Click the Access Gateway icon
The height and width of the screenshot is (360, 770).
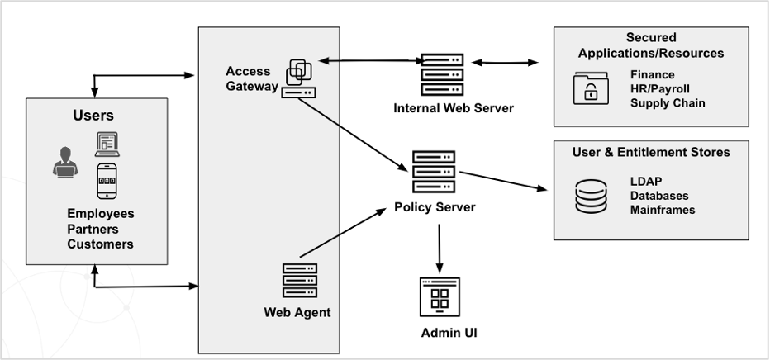298,78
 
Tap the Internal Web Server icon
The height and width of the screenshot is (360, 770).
442,75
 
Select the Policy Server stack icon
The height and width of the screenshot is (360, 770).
433,172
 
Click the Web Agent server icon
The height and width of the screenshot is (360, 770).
299,281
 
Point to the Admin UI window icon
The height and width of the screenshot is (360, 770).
440,298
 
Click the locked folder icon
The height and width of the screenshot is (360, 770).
591,88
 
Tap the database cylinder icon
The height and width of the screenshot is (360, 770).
591,196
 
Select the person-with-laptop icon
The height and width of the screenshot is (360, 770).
64,161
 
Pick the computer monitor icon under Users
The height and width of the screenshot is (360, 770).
107,144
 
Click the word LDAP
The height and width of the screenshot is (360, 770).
647,182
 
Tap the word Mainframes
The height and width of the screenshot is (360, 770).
662,210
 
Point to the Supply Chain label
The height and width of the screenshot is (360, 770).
668,103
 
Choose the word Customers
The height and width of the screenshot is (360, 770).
100,244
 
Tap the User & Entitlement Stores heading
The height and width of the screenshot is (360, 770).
651,152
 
